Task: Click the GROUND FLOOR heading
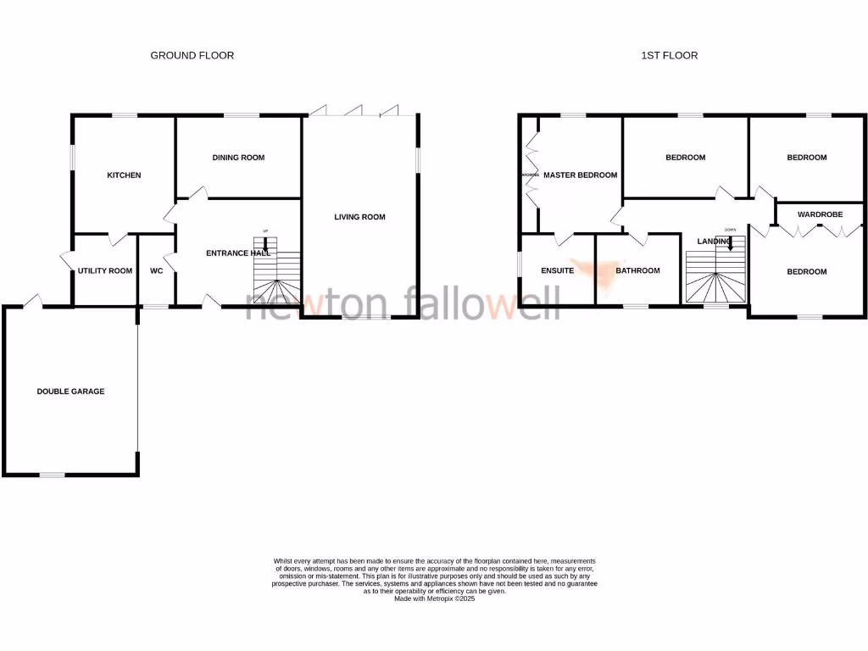(192, 55)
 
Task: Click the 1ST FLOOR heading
(669, 55)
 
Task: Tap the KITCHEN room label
(124, 175)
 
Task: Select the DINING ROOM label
(238, 158)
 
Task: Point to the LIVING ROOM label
(359, 217)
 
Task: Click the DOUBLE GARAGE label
(70, 392)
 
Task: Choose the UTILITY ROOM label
(105, 271)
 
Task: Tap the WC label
(156, 271)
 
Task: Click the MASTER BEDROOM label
(580, 175)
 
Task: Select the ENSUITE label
(558, 271)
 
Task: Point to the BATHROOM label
(637, 271)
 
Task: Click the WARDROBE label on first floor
(820, 215)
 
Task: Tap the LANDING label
(714, 242)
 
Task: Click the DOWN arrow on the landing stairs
(730, 241)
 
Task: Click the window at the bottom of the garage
(53, 475)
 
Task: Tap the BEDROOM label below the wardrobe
(806, 272)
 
